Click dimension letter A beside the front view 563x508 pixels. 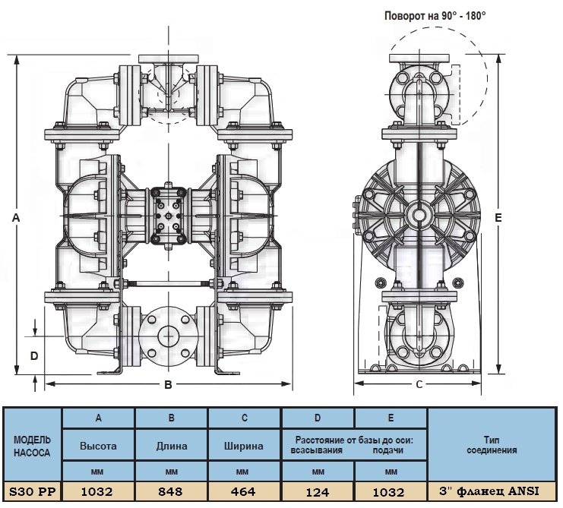[x=16, y=218]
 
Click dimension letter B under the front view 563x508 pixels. [x=168, y=384]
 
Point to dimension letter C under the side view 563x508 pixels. [x=419, y=384]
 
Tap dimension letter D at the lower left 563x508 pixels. [x=33, y=355]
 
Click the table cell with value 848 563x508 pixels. [x=172, y=492]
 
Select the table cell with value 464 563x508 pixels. [x=243, y=492]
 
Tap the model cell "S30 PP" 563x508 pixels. [x=32, y=492]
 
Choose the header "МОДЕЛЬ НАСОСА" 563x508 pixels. [x=32, y=446]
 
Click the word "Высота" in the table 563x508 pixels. [x=98, y=446]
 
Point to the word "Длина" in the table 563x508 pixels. [x=172, y=446]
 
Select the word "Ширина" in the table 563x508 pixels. [x=244, y=446]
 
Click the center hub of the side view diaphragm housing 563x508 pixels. [x=419, y=215]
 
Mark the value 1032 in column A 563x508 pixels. [x=98, y=492]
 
